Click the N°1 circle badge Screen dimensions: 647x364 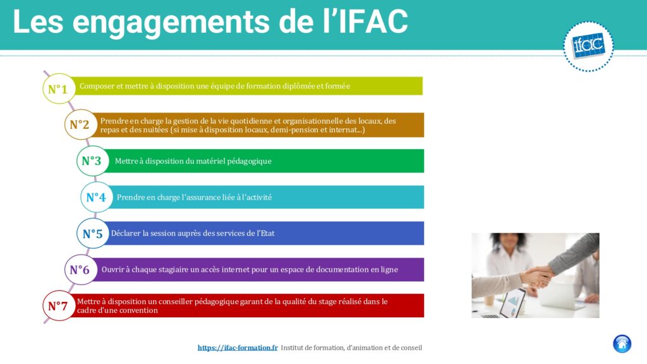59,88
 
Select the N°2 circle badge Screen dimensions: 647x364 80,124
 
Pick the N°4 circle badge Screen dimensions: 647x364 97,197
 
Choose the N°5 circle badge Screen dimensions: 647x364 93,233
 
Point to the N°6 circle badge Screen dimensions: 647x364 80,270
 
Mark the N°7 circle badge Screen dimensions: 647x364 59,306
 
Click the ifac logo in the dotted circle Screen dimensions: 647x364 588,46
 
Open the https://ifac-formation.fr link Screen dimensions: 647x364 238,348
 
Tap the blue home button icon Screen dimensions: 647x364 622,344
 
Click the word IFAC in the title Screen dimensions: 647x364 373,21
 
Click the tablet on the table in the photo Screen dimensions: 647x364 512,303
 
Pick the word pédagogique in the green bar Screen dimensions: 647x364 249,161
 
